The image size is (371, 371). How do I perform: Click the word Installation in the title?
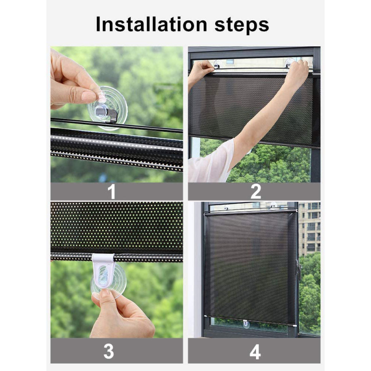tap(152, 24)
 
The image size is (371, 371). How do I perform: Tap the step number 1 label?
tap(111, 192)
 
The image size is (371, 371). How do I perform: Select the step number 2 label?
tap(256, 192)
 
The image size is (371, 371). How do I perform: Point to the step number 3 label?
tap(109, 351)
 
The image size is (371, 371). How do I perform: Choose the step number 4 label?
tap(255, 352)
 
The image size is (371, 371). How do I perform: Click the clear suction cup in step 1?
tap(107, 108)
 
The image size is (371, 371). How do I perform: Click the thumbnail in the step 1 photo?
tap(89, 96)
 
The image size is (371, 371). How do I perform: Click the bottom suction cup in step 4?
tap(246, 324)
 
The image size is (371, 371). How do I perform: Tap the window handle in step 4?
tap(299, 269)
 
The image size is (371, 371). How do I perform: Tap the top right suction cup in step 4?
tap(273, 205)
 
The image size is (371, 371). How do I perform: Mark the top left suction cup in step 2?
tap(218, 64)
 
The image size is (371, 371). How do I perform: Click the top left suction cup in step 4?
tap(227, 207)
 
